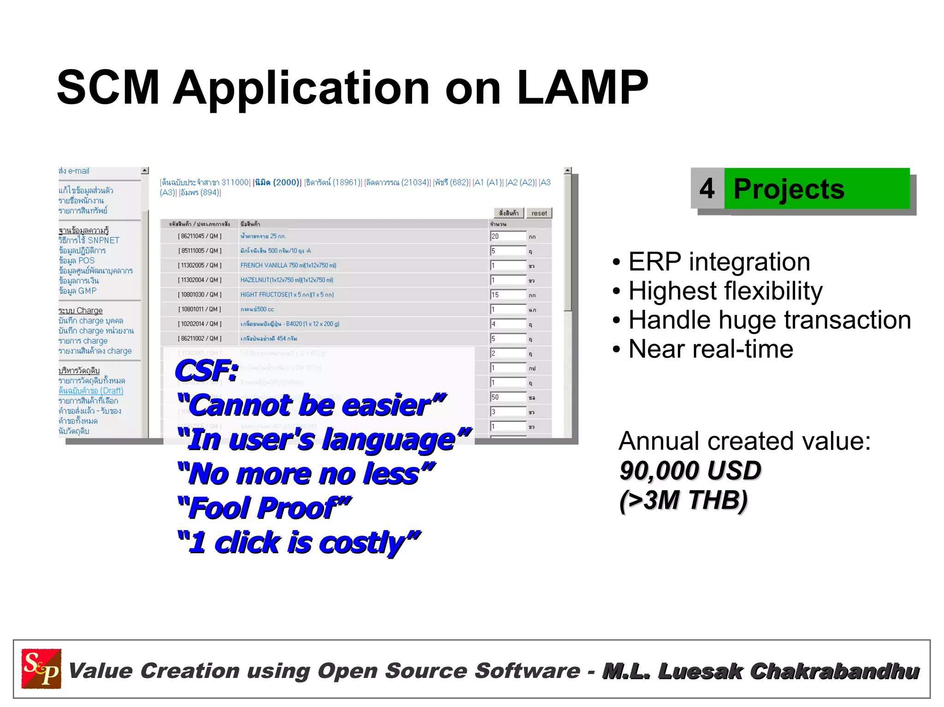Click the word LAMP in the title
[582, 88]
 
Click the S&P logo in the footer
[41, 668]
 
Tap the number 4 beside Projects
[707, 188]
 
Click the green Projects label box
[816, 188]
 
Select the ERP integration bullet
[719, 262]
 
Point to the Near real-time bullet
[710, 349]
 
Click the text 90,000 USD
[690, 470]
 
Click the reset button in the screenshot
[539, 213]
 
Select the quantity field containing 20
[507, 236]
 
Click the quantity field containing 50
[507, 397]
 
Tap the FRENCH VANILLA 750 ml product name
[288, 265]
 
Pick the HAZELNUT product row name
[286, 280]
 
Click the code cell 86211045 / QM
[200, 236]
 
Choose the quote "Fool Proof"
[264, 508]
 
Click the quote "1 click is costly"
[299, 542]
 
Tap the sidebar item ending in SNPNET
[88, 240]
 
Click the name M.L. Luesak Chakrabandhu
[761, 671]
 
